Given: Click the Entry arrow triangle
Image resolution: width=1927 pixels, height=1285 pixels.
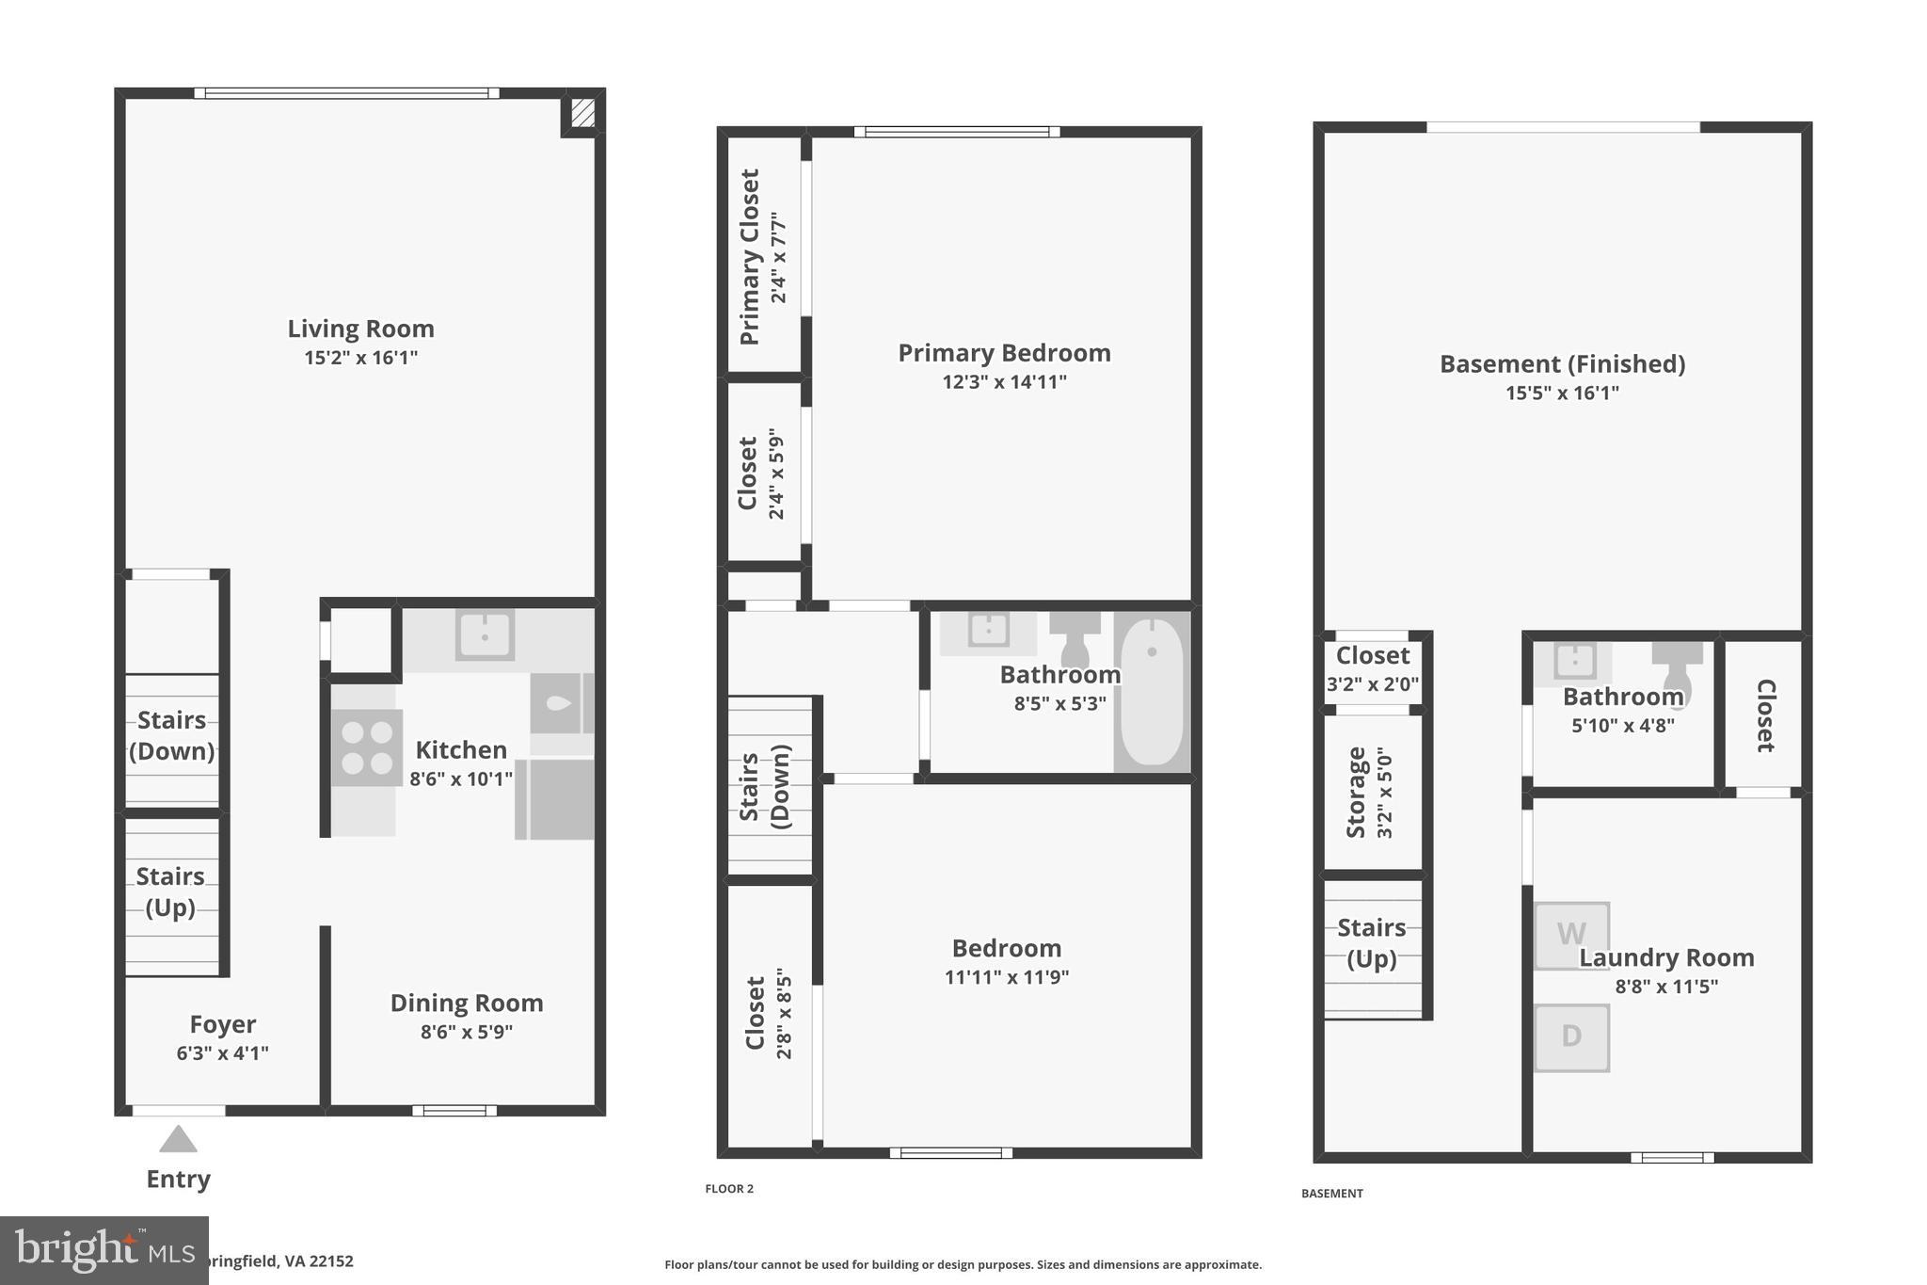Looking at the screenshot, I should [178, 1139].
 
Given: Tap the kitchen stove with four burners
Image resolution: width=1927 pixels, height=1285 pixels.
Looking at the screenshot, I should [367, 747].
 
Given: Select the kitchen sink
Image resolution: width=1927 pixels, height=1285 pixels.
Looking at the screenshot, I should [485, 634].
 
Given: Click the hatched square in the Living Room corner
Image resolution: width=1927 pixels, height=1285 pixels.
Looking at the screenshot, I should [582, 114].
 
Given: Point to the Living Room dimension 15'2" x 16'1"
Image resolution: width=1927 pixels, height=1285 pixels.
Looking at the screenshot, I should [360, 358].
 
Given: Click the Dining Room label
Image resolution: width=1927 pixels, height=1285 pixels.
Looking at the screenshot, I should [467, 1003].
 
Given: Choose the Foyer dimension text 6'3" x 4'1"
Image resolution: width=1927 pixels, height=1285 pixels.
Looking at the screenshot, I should [222, 1053].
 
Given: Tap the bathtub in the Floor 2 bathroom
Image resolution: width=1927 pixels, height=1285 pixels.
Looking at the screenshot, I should [1152, 692].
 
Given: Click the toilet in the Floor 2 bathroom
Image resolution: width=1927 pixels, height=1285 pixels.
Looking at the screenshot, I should [1075, 637].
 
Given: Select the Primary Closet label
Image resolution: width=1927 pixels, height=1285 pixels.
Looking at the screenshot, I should [750, 257].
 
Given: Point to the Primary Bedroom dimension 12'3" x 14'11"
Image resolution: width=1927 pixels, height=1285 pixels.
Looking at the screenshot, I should [1004, 382].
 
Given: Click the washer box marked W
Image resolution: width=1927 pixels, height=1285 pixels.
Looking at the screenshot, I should [1571, 935].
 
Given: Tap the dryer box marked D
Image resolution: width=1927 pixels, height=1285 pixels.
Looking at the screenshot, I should [1571, 1037].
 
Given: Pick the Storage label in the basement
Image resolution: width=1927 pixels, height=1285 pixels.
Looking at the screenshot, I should [1356, 792].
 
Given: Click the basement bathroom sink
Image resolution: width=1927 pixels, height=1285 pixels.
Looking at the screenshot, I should [1573, 661].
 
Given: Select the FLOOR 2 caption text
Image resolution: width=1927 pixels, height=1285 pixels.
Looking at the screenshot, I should [729, 1189].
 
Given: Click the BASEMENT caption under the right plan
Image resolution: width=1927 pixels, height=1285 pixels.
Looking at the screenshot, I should [1331, 1194].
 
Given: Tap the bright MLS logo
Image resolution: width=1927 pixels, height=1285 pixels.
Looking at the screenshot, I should [104, 1250].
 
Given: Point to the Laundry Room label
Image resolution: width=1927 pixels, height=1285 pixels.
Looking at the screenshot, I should [1666, 957].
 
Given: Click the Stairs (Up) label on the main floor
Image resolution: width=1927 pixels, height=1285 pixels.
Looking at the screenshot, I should [170, 891].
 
